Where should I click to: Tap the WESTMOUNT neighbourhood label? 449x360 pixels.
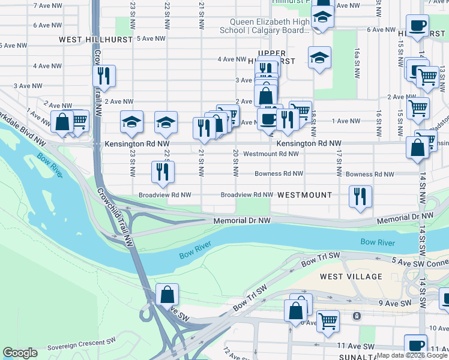pyautogui.click(x=304, y=195)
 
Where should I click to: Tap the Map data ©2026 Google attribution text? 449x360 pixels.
pyautogui.click(x=412, y=355)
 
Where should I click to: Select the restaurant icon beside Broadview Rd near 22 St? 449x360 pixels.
pyautogui.click(x=163, y=171)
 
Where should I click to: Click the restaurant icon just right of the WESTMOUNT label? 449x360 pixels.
pyautogui.click(x=360, y=196)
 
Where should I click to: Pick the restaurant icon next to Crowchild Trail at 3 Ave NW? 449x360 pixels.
pyautogui.click(x=104, y=76)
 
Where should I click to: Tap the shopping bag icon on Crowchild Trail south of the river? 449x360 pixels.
pyautogui.click(x=167, y=295)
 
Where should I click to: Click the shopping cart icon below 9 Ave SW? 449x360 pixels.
pyautogui.click(x=328, y=321)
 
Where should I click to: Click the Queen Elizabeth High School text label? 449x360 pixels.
pyautogui.click(x=270, y=26)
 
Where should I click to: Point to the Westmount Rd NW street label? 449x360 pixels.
pyautogui.click(x=271, y=154)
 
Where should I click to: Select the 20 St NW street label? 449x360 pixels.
pyautogui.click(x=236, y=161)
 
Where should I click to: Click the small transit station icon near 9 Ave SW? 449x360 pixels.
pyautogui.click(x=357, y=316)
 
